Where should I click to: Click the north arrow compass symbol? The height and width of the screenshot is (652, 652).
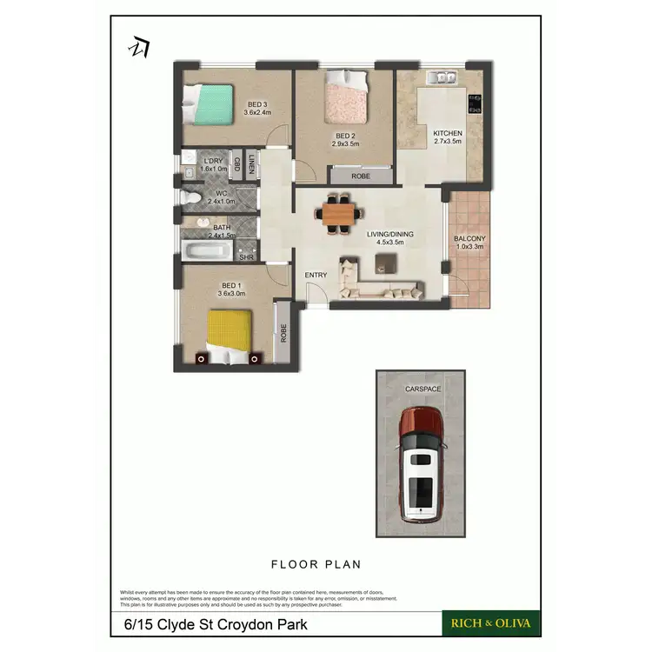click(x=139, y=48)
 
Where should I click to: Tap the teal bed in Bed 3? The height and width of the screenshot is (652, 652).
click(x=210, y=105)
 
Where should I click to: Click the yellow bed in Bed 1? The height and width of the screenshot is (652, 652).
click(x=230, y=335)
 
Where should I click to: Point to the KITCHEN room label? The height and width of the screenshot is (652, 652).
click(x=448, y=133)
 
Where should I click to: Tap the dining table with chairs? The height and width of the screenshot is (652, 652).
click(x=339, y=213)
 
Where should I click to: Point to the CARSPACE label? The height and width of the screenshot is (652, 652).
click(x=422, y=389)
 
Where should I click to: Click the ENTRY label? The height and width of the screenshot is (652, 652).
click(x=316, y=276)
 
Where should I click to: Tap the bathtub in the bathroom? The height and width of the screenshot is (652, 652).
click(x=208, y=253)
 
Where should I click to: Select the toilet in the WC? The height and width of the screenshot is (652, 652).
click(x=192, y=199)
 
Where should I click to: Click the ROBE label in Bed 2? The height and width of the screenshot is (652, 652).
click(x=361, y=176)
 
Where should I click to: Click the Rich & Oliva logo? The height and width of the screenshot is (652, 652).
click(x=492, y=622)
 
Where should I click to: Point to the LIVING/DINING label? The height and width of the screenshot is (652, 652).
click(x=389, y=234)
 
